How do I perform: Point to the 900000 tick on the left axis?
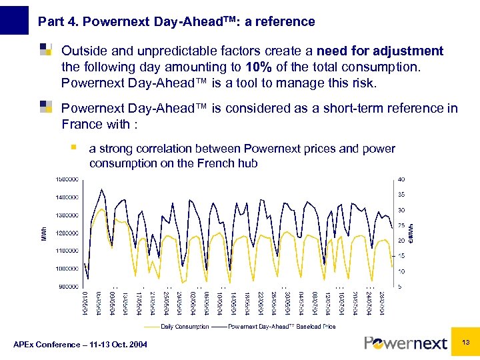(x=67, y=287)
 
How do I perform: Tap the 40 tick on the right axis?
(x=401, y=179)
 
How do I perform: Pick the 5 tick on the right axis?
(x=399, y=287)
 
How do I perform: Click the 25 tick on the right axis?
(x=401, y=225)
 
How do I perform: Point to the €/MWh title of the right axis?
(x=411, y=232)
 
